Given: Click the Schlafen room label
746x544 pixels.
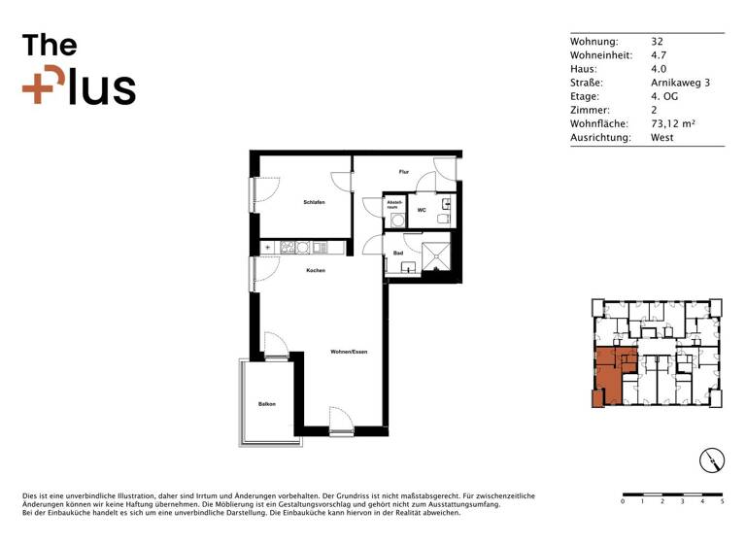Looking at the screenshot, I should tap(313, 201).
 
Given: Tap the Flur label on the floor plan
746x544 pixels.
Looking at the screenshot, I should tap(404, 172).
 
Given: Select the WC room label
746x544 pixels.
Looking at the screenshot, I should tap(422, 210).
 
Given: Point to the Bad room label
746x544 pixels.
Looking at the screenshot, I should tap(398, 254).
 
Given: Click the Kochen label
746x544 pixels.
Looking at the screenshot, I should tap(315, 270).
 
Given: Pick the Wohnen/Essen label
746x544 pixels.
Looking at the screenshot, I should tap(348, 351).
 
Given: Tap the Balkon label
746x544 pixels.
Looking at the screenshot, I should tap(267, 403).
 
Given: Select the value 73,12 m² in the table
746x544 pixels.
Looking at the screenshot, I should tap(673, 124).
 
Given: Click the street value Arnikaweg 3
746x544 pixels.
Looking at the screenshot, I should tap(680, 84).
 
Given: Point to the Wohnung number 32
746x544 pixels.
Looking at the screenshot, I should tap(657, 42).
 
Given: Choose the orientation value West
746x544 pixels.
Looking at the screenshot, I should tap(662, 138).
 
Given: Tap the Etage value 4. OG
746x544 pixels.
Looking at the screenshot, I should tap(665, 97).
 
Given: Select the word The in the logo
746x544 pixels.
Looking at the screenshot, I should tap(50, 45).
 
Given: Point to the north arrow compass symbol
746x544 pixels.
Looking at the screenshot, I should tap(712, 460).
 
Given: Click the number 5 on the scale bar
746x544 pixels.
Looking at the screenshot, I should tap(723, 502).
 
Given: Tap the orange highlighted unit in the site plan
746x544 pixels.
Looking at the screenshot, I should tap(606, 374).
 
